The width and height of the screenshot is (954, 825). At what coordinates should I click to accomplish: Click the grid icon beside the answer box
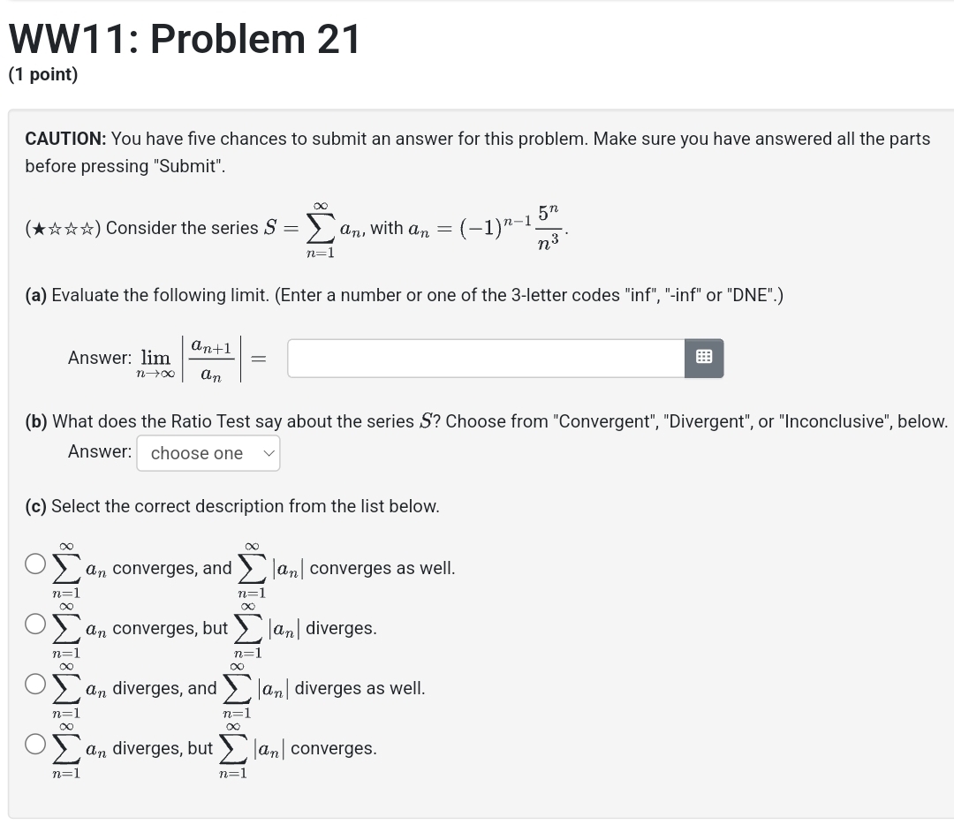(704, 358)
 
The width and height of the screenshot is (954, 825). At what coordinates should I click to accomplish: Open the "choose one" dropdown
(208, 453)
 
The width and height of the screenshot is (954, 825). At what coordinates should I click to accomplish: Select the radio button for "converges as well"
(35, 564)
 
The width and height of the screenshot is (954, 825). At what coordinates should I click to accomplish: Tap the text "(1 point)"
(43, 75)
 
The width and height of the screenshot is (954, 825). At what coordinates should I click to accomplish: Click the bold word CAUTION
(65, 139)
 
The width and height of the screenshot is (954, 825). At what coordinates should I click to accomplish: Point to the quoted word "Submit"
(188, 166)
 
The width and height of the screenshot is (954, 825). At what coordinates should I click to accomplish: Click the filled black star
(38, 229)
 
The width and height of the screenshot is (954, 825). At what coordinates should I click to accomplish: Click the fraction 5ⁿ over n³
(548, 228)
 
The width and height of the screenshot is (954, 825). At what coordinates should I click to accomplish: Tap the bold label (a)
(36, 295)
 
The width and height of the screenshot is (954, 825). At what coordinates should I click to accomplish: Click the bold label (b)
(36, 421)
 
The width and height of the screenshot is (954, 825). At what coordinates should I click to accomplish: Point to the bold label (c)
(36, 506)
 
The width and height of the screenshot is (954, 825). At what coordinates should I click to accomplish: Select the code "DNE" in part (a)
(756, 295)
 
